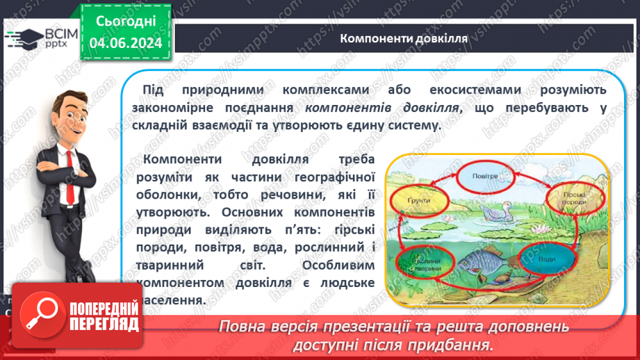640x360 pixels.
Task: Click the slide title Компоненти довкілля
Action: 403,38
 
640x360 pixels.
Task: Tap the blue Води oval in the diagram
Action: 548,260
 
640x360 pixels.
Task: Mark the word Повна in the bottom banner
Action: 242,327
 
